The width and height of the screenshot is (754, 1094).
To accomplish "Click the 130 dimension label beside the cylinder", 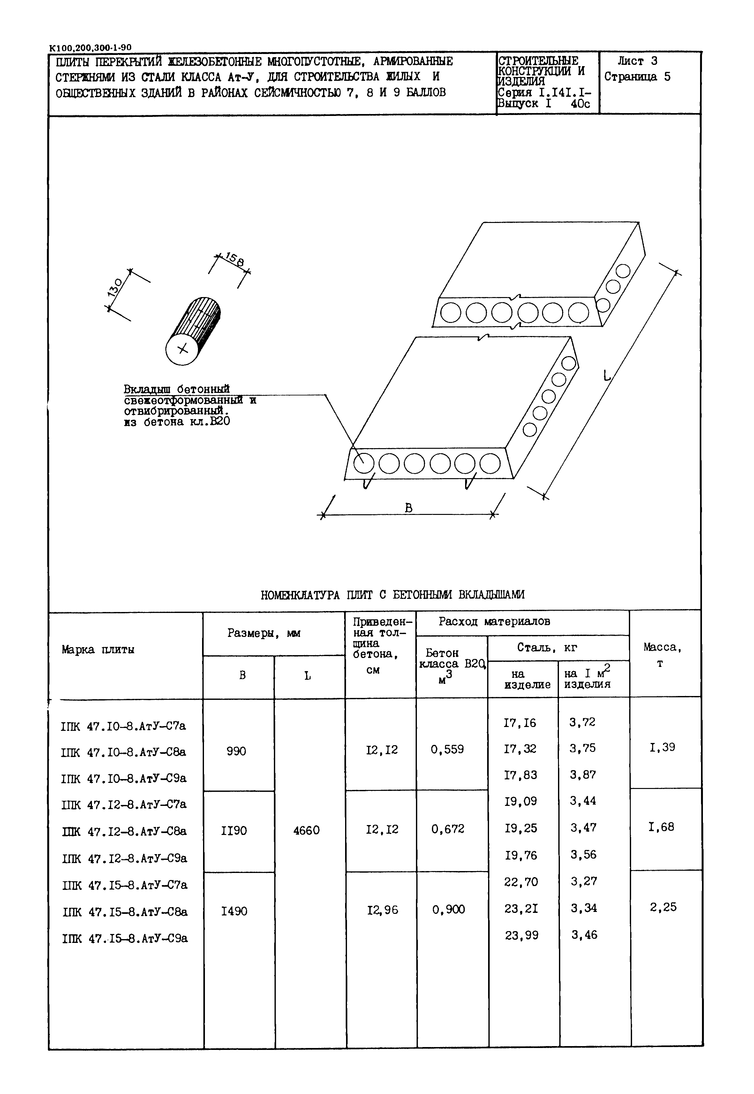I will click(115, 287).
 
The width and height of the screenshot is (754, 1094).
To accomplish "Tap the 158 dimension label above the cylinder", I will click(235, 259).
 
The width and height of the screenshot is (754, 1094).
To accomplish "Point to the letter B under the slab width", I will click(409, 508).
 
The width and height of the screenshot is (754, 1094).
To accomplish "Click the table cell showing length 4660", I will click(306, 830).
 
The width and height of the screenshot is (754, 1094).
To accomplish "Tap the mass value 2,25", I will click(663, 907).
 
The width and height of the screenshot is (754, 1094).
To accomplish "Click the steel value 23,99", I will click(521, 935).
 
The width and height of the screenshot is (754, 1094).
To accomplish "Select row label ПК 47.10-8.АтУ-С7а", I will click(124, 726).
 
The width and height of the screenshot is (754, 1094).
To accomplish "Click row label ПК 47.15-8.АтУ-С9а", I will click(125, 938).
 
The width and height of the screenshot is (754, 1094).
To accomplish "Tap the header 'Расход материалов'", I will click(494, 621).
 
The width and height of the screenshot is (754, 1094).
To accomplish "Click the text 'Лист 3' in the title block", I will click(637, 61).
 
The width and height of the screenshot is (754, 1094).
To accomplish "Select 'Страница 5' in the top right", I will click(637, 77).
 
